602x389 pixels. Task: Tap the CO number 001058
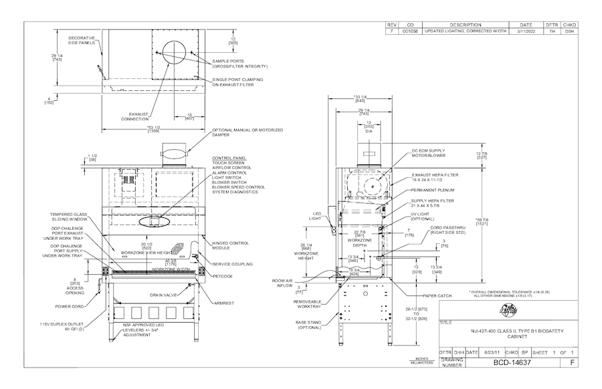(410, 31)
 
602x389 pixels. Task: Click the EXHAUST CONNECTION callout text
(134, 116)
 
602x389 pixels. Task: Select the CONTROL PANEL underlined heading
(228, 158)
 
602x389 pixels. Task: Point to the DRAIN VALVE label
(165, 294)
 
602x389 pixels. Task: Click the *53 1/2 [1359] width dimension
(153, 130)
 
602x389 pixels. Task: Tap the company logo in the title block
(510, 311)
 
